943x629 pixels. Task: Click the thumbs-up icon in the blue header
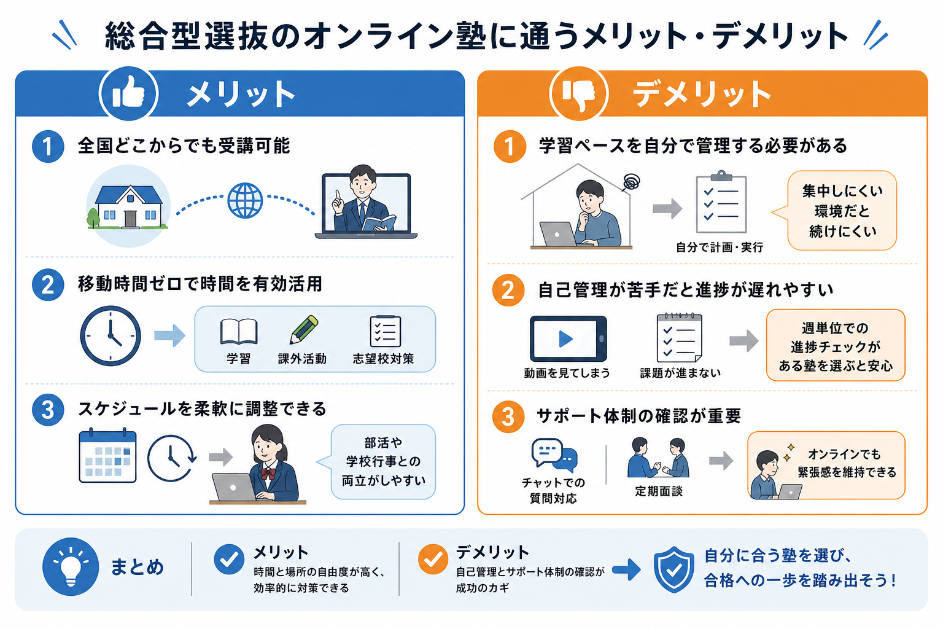tap(128, 93)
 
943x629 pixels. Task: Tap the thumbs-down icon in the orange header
tap(579, 93)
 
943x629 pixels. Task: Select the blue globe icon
tap(245, 200)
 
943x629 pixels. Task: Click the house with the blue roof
tap(129, 206)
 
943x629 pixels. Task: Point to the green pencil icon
tap(303, 329)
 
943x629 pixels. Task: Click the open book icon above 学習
tap(239, 331)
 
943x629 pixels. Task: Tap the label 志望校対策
tap(383, 359)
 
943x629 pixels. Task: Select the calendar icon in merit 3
tap(107, 455)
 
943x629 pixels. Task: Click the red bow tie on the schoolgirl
tap(268, 474)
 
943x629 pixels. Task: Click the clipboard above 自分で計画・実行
tap(721, 202)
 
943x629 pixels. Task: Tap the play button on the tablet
tap(565, 338)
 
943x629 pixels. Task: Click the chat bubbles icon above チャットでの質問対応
tap(554, 455)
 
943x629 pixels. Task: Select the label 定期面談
tap(659, 491)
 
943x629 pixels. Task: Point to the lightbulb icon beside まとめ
tap(71, 566)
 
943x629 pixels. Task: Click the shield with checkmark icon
tap(673, 569)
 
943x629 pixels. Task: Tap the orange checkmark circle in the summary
tap(433, 560)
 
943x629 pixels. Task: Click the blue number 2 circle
tap(48, 285)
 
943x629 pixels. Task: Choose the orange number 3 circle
tap(508, 416)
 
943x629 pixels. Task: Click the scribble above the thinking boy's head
tap(632, 182)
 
